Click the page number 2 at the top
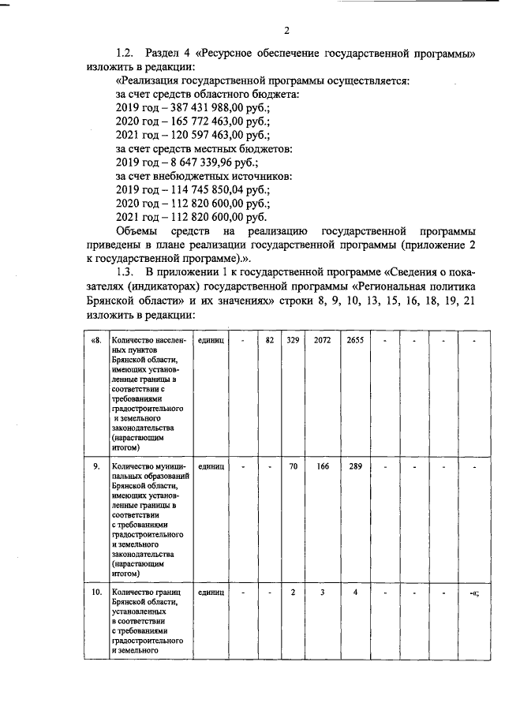point(287,31)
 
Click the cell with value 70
point(293,466)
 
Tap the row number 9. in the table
point(95,466)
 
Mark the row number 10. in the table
point(95,592)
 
